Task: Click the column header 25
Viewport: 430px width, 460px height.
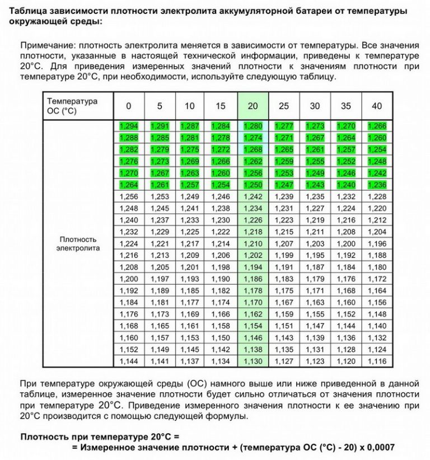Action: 284,106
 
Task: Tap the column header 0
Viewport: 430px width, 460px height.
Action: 128,106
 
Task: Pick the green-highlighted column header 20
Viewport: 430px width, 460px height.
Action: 253,106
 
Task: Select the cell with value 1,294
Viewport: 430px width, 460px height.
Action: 128,126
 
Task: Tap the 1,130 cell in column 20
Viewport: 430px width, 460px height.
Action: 253,362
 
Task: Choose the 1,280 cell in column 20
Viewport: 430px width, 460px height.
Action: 253,126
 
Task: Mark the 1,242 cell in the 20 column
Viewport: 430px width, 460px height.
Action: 253,196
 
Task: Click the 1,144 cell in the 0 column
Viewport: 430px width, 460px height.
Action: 128,362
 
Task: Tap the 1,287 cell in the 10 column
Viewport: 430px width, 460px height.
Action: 190,126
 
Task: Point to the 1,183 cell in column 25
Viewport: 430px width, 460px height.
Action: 284,279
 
